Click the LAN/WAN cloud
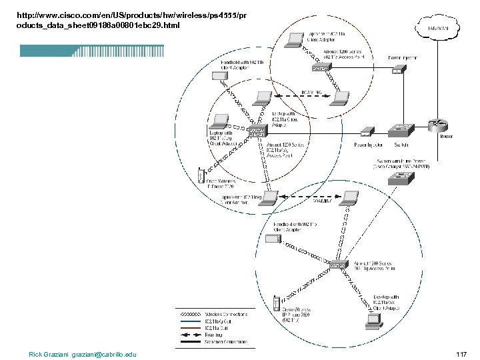pyautogui.click(x=441, y=28)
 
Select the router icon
pyautogui.click(x=439, y=125)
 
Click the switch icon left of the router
pyautogui.click(x=402, y=129)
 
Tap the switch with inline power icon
pyautogui.click(x=402, y=177)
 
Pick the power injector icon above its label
pyautogui.click(x=367, y=131)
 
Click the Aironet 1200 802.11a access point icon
pyautogui.click(x=321, y=67)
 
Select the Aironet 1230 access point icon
pyautogui.click(x=256, y=132)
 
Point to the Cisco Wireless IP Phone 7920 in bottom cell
pyautogui.click(x=275, y=304)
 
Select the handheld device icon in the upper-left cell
pyautogui.click(x=219, y=76)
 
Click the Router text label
pyautogui.click(x=447, y=137)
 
